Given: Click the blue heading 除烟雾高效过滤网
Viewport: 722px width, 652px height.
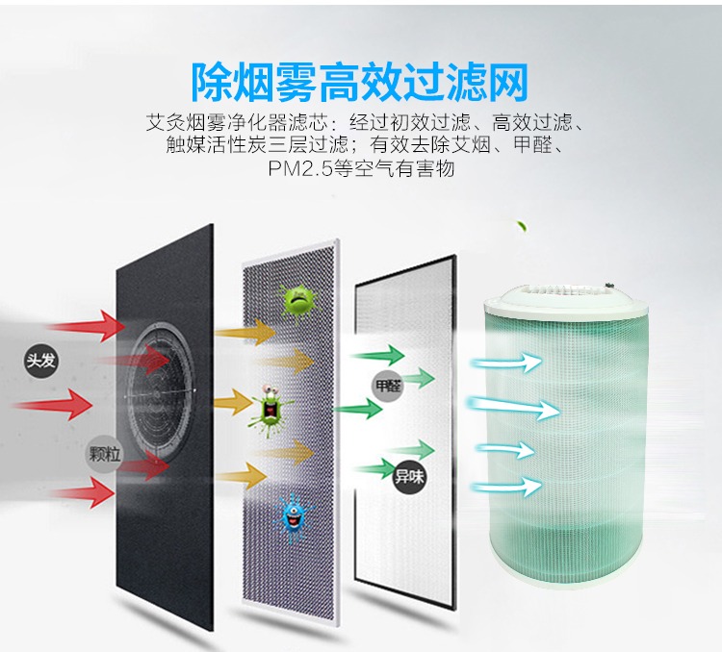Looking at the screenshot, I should pos(360,82).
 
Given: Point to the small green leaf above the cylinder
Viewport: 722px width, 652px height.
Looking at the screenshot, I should pos(521,228).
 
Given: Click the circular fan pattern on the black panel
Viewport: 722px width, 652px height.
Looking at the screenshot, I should pos(160,385).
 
